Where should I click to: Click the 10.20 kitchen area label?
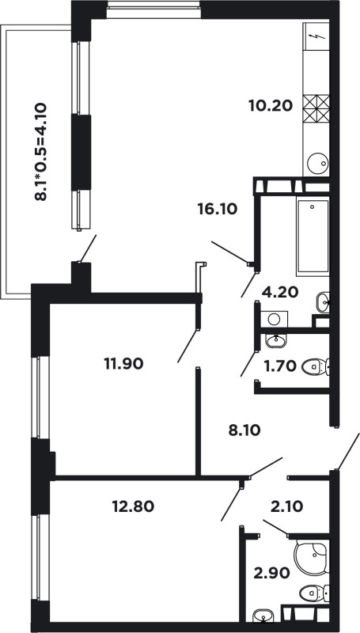[270, 106]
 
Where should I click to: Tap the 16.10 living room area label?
[217, 209]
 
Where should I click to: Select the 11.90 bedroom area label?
[123, 364]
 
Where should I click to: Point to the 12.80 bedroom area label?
[133, 506]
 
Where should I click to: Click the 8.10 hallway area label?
[244, 430]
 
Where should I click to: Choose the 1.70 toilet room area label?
[280, 366]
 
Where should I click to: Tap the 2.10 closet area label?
[286, 506]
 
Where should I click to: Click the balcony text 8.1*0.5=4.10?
[41, 152]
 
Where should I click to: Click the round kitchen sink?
[317, 164]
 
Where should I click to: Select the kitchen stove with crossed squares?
[316, 108]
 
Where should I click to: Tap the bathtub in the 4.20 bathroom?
[313, 236]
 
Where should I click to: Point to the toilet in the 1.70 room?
[316, 367]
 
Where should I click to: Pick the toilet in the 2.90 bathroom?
[314, 593]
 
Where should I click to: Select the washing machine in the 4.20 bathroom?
[274, 319]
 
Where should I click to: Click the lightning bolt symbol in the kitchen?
[317, 37]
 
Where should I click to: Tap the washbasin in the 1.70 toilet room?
[276, 341]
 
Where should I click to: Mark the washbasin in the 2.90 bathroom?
[263, 616]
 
